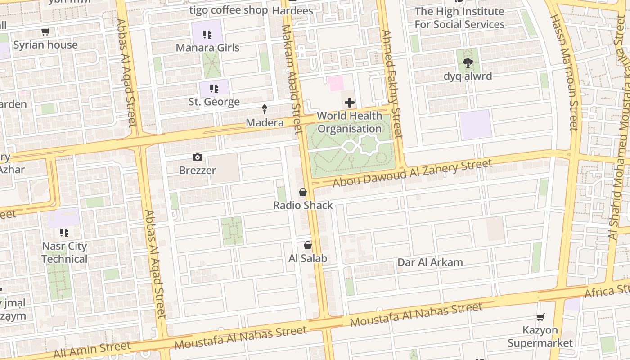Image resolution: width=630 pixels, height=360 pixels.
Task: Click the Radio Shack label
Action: [303, 205]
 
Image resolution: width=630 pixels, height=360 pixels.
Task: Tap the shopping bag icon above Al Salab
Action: [307, 245]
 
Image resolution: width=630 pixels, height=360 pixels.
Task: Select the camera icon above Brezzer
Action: [197, 157]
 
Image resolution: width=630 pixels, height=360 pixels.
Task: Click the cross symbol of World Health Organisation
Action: [349, 103]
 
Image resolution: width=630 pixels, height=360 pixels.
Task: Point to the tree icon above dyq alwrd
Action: [468, 63]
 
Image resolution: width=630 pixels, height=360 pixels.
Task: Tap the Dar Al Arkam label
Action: [430, 262]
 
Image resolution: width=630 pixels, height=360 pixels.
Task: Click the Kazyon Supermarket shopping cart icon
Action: [540, 317]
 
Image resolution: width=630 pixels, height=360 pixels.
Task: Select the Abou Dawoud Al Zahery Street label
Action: [412, 173]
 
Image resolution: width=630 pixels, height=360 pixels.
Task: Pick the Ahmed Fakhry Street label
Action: [391, 84]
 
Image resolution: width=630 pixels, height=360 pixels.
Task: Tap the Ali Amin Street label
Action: [92, 350]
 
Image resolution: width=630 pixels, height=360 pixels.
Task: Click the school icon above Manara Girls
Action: [207, 34]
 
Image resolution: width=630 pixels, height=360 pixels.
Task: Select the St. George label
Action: [214, 102]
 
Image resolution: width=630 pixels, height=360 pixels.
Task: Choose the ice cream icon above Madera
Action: [265, 109]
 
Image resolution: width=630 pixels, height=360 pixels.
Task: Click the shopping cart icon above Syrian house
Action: [45, 32]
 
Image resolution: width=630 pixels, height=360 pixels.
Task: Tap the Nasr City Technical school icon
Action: [64, 233]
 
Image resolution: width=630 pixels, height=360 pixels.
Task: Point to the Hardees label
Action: [292, 10]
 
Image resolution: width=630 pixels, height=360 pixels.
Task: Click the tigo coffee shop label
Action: [228, 10]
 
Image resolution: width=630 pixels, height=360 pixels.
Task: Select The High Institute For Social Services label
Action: [459, 18]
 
